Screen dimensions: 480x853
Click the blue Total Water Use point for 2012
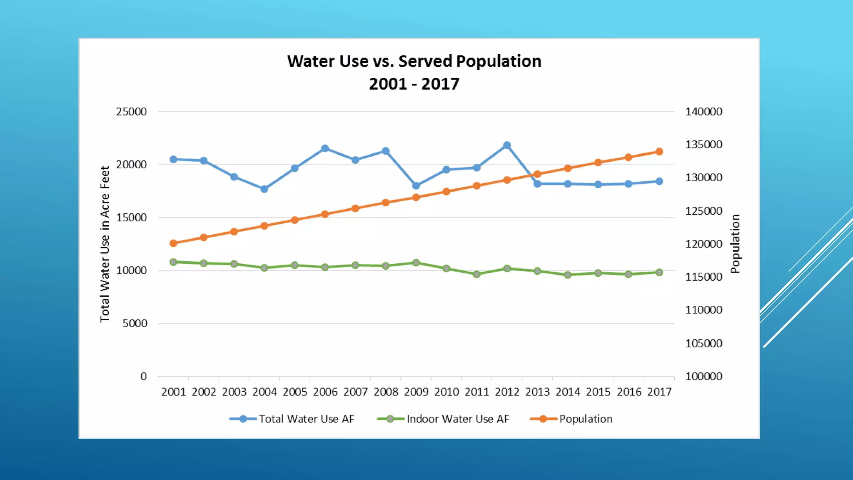507,145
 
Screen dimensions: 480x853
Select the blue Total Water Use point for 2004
264,189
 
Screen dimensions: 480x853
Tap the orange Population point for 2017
659,152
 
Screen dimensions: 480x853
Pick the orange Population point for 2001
173,243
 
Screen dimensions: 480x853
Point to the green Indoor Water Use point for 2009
416,263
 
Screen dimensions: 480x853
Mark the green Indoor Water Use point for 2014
567,275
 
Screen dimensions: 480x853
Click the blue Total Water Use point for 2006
325,149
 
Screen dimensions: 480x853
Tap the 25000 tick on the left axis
131,112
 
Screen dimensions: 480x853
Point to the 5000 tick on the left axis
135,323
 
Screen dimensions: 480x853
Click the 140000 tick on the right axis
704,112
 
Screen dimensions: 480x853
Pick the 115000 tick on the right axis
704,277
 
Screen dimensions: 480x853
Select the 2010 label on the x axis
446,392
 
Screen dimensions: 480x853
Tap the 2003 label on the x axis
234,392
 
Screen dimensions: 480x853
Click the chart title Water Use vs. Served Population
414,61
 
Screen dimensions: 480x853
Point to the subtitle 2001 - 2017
414,84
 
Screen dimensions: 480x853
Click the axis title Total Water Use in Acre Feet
105,244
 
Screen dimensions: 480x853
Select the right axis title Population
736,244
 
